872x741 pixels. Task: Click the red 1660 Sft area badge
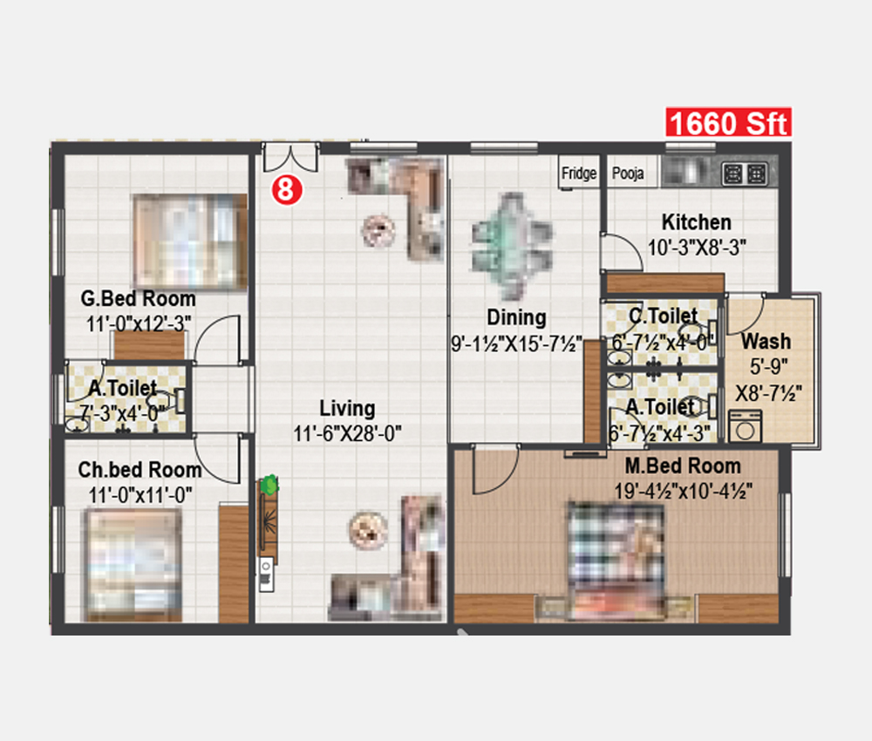point(728,122)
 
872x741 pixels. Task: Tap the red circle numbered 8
point(287,189)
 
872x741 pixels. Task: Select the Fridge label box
point(579,173)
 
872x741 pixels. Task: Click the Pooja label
point(628,173)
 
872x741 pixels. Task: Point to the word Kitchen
point(696,221)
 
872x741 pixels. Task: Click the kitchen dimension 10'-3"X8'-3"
point(697,248)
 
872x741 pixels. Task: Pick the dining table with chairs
point(512,246)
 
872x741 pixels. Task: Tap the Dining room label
point(516,316)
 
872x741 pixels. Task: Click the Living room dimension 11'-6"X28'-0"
point(348,433)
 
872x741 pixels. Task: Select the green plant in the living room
point(269,485)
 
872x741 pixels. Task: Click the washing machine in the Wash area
point(746,425)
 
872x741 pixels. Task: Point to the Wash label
point(766,341)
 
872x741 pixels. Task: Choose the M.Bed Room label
point(683,466)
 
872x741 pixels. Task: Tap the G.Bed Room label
point(138,298)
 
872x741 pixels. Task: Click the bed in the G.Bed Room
point(190,241)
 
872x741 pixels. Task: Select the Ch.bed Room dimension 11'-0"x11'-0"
point(140,495)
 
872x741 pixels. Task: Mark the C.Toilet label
point(663,316)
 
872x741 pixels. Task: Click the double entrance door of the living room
point(290,157)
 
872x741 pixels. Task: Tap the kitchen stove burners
point(745,174)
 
